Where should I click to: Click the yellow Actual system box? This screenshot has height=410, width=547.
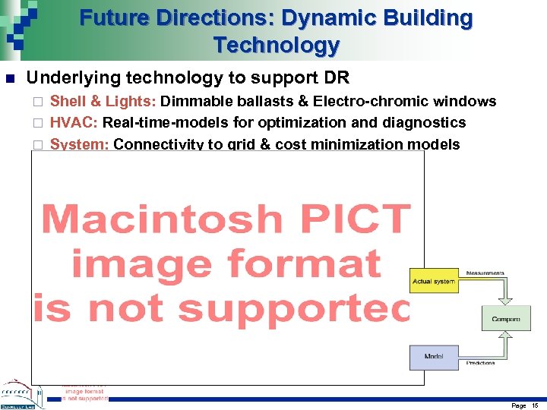434,282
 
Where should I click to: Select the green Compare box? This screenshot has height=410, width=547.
505,319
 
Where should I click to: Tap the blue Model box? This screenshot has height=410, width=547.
434,355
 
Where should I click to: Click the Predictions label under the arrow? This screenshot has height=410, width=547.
481,364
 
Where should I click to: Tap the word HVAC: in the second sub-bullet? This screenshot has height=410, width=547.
74,123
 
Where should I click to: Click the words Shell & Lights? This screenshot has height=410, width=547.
103,102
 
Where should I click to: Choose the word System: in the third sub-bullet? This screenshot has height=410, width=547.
79,144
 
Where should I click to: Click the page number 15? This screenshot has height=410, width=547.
534,405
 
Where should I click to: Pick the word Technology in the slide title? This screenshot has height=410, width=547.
277,45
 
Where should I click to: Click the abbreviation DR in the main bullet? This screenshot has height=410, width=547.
336,78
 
